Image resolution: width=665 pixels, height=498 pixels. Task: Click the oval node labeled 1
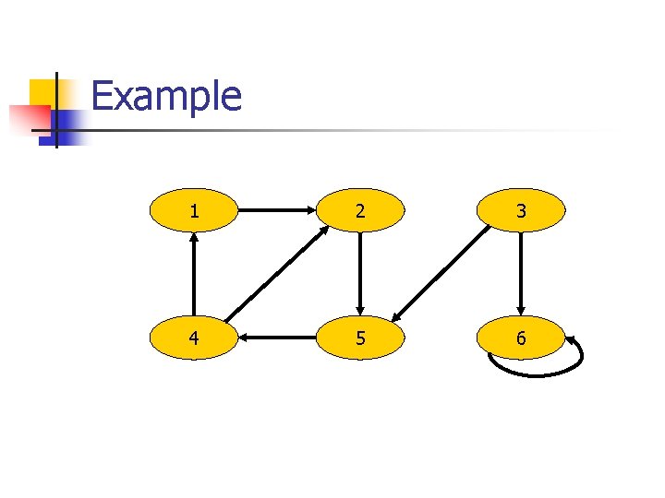pyautogui.click(x=194, y=211)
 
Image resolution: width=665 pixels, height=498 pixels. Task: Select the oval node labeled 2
pyautogui.click(x=359, y=211)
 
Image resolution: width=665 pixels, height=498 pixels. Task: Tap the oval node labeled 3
pyautogui.click(x=521, y=211)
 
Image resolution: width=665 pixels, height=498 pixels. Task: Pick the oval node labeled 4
pyautogui.click(x=194, y=338)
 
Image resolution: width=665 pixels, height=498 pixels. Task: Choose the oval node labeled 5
pyautogui.click(x=359, y=338)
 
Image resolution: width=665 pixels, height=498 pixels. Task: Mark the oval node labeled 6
pyautogui.click(x=521, y=338)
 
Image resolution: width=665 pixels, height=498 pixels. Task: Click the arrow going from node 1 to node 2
pyautogui.click(x=277, y=211)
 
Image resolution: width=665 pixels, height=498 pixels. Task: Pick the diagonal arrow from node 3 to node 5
pyautogui.click(x=441, y=273)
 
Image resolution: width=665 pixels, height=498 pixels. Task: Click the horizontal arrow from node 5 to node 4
pyautogui.click(x=277, y=338)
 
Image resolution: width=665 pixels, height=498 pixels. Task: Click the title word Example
pyautogui.click(x=167, y=96)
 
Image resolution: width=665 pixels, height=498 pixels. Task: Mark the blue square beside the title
pyautogui.click(x=66, y=123)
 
